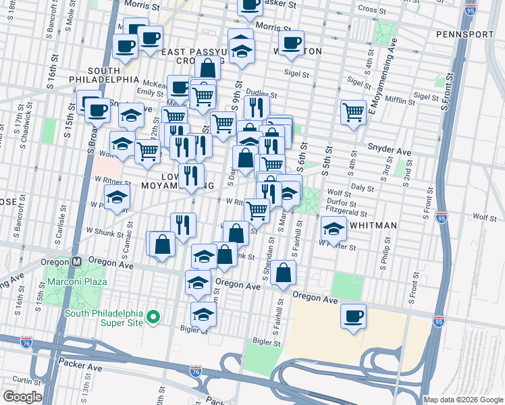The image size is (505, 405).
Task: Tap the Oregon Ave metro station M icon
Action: click(x=78, y=262)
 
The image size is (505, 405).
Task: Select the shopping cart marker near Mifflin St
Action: click(x=353, y=112)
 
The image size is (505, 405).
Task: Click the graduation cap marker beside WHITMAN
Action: click(x=334, y=229)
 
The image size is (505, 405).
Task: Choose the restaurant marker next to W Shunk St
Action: click(x=182, y=225)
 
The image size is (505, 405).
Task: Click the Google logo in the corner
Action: click(x=22, y=397)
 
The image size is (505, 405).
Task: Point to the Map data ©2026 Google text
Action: click(x=463, y=400)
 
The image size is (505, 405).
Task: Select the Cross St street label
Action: click(x=371, y=9)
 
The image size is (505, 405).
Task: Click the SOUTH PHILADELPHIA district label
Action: click(x=113, y=74)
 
